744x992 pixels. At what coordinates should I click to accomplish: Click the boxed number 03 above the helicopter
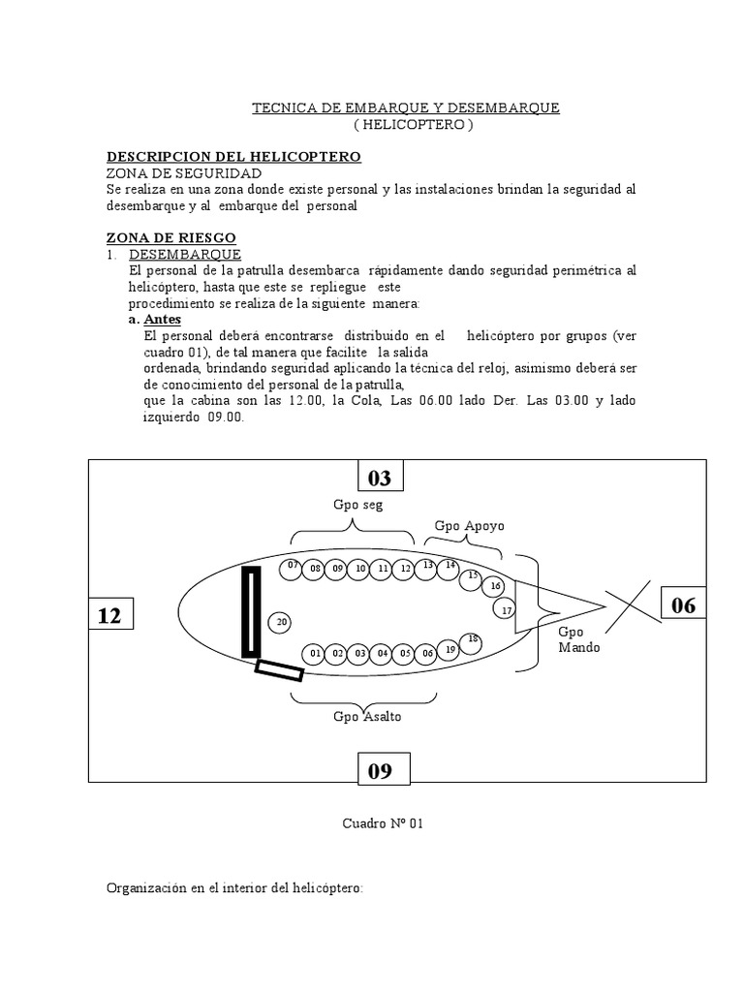pos(380,478)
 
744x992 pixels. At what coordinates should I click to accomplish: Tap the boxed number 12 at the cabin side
pos(109,614)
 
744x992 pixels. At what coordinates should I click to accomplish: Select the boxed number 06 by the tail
pos(683,605)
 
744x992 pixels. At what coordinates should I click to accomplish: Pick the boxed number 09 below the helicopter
pos(380,771)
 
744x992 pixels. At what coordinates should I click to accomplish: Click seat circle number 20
pos(282,622)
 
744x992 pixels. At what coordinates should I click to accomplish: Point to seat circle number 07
pos(293,565)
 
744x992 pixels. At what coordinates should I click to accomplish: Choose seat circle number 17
pos(505,609)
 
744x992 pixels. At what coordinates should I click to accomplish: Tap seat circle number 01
pos(315,654)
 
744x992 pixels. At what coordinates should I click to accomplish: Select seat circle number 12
pos(406,569)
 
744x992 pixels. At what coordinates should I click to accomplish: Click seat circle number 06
pos(428,654)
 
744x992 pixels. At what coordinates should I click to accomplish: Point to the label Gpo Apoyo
pos(469,526)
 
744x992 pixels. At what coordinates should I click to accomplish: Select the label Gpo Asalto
pos(367,717)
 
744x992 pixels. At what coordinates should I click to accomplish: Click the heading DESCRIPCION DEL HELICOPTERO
pos(232,156)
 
